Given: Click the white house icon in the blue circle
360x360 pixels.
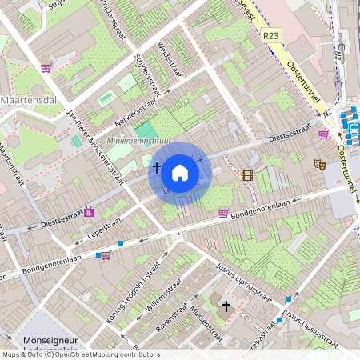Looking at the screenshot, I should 180,172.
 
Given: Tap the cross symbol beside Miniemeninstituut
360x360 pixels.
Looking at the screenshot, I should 156,169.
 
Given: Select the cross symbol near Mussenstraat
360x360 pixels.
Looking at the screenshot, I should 226,306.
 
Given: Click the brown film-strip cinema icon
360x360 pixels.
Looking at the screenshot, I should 246,175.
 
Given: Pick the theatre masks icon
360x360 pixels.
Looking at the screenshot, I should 319,165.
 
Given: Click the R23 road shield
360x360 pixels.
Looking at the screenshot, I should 270,36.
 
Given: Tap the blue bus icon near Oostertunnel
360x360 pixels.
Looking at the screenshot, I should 353,130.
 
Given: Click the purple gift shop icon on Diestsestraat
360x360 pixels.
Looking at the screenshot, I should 88,211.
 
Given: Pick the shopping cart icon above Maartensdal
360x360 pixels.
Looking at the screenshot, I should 46,68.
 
